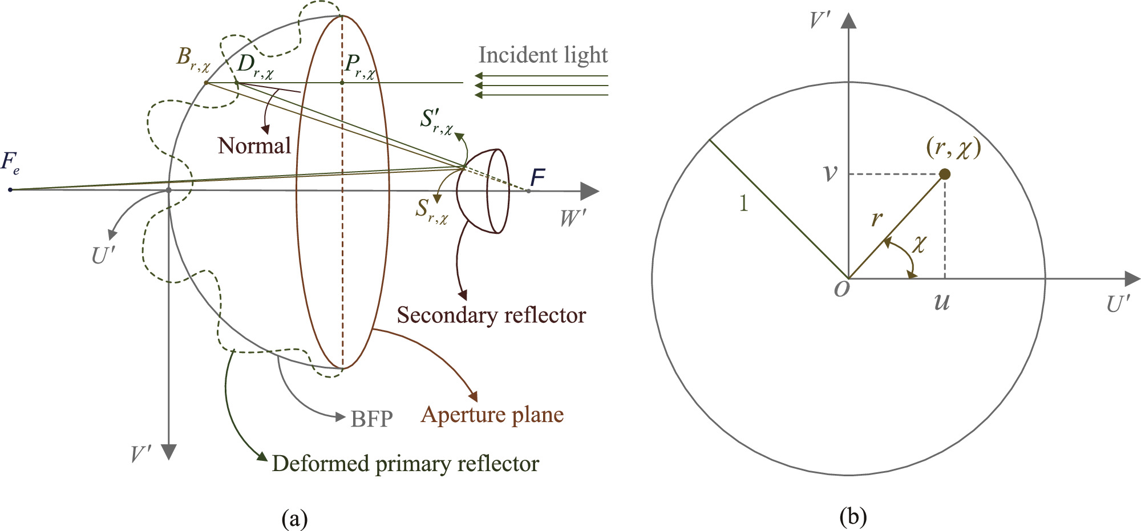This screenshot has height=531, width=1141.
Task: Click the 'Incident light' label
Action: click(x=543, y=55)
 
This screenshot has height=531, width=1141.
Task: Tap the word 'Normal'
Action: click(x=254, y=146)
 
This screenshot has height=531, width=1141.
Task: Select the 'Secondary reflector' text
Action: click(x=491, y=315)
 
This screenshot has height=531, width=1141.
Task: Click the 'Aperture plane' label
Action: click(x=492, y=415)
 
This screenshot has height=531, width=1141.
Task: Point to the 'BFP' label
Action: click(x=371, y=419)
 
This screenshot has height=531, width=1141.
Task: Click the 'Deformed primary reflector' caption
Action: click(x=405, y=464)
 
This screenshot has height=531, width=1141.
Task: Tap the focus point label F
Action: click(x=537, y=178)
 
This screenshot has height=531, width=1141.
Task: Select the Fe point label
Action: click(x=10, y=163)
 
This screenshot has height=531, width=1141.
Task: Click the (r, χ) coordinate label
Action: click(x=953, y=148)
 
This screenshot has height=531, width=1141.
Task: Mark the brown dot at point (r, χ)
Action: click(x=945, y=174)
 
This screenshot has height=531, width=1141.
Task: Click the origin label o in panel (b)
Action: click(x=841, y=289)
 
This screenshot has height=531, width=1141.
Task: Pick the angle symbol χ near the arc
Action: click(x=919, y=244)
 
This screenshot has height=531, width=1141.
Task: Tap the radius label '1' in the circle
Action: click(x=743, y=203)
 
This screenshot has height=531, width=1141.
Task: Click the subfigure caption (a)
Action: click(x=294, y=519)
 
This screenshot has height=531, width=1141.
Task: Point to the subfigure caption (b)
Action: click(x=853, y=517)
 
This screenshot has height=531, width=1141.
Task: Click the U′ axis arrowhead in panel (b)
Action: click(x=1131, y=279)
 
